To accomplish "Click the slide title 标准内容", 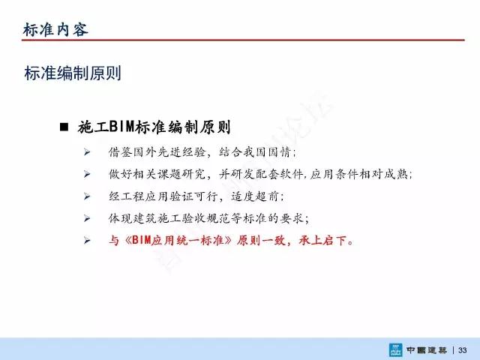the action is click(55, 30).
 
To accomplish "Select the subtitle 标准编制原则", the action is click(73, 73).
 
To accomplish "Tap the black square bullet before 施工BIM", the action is click(64, 127).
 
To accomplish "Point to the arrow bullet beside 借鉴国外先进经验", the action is click(87, 151).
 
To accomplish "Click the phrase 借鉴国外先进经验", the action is click(157, 151).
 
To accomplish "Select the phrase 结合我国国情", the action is click(254, 151).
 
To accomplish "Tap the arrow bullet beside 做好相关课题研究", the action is click(87, 174).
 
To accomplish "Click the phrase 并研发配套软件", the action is click(261, 174).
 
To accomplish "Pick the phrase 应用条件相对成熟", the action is click(358, 174).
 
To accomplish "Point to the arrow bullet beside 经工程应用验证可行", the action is click(87, 196).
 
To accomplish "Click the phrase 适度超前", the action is click(255, 196).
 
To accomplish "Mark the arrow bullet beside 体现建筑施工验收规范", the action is click(87, 218).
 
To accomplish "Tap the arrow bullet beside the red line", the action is click(87, 241).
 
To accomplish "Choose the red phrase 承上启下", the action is click(323, 240).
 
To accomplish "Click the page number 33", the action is click(462, 350).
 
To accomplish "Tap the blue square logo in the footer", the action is click(396, 350).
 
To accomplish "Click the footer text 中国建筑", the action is click(427, 350).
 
